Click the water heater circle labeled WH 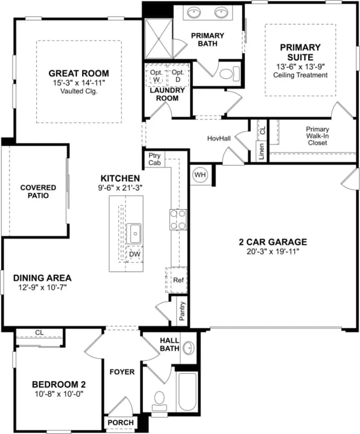[x=200, y=175]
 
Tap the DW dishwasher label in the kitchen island [x=135, y=254]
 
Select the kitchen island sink [x=134, y=234]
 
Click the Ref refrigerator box [x=177, y=280]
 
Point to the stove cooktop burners [x=178, y=219]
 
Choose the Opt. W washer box [x=156, y=75]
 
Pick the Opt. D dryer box [x=178, y=75]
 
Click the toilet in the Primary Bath [x=230, y=74]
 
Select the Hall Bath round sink [x=188, y=348]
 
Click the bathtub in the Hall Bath [x=187, y=392]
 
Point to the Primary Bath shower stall [x=159, y=38]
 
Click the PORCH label [x=121, y=423]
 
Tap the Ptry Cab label [x=154, y=159]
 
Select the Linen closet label [x=261, y=151]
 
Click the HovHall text [x=219, y=138]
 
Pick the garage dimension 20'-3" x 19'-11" [x=273, y=251]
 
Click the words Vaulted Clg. [x=79, y=91]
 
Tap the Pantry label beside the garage [x=182, y=311]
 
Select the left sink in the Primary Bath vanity [x=194, y=12]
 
